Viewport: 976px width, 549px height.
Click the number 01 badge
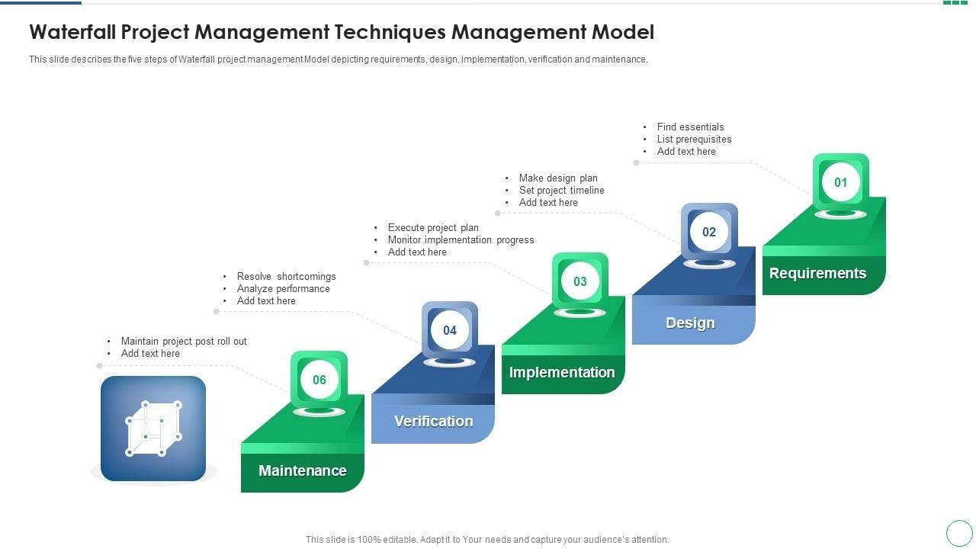click(840, 182)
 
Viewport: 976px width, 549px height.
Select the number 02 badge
click(709, 232)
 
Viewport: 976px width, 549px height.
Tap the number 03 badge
click(580, 281)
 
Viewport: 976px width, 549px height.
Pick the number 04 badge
click(450, 330)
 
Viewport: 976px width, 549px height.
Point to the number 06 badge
click(319, 380)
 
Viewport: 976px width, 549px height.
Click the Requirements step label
click(817, 273)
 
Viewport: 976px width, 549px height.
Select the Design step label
click(690, 323)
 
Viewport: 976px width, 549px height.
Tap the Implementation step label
click(562, 372)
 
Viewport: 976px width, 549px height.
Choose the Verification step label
click(433, 421)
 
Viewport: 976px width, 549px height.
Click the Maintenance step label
click(303, 470)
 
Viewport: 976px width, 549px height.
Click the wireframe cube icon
click(153, 429)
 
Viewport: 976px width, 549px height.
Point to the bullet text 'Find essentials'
click(690, 127)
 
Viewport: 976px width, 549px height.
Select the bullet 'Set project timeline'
click(561, 191)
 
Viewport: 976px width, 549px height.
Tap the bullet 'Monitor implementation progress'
click(461, 240)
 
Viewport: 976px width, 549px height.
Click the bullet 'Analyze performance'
click(283, 289)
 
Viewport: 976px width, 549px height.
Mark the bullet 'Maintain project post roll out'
click(184, 342)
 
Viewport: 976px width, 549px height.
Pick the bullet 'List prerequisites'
click(694, 140)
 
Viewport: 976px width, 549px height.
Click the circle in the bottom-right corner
click(959, 533)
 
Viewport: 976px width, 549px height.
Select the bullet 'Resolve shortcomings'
click(286, 277)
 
